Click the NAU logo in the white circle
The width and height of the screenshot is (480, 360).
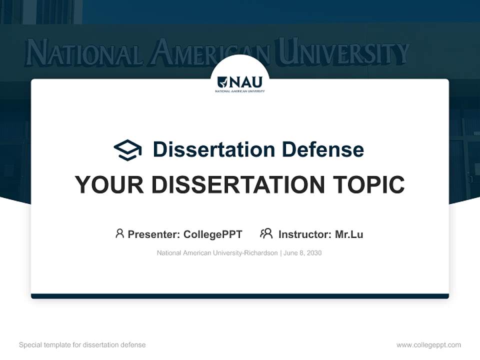(x=240, y=83)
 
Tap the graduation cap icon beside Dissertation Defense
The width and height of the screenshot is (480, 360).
(x=127, y=150)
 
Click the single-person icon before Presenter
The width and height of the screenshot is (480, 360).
(x=119, y=233)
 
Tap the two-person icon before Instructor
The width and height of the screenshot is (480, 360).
(x=266, y=233)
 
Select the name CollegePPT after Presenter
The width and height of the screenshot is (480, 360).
(x=213, y=234)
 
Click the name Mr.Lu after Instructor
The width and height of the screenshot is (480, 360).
(x=349, y=234)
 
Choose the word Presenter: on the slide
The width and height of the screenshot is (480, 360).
(x=154, y=234)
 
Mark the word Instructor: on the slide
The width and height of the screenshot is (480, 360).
(x=304, y=234)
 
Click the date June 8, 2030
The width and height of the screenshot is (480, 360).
(x=302, y=253)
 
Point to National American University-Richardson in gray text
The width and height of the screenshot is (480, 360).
(x=217, y=253)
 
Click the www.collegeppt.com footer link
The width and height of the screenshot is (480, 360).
(x=428, y=345)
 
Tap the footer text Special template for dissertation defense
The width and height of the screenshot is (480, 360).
(x=82, y=345)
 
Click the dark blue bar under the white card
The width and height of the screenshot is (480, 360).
(x=240, y=296)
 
